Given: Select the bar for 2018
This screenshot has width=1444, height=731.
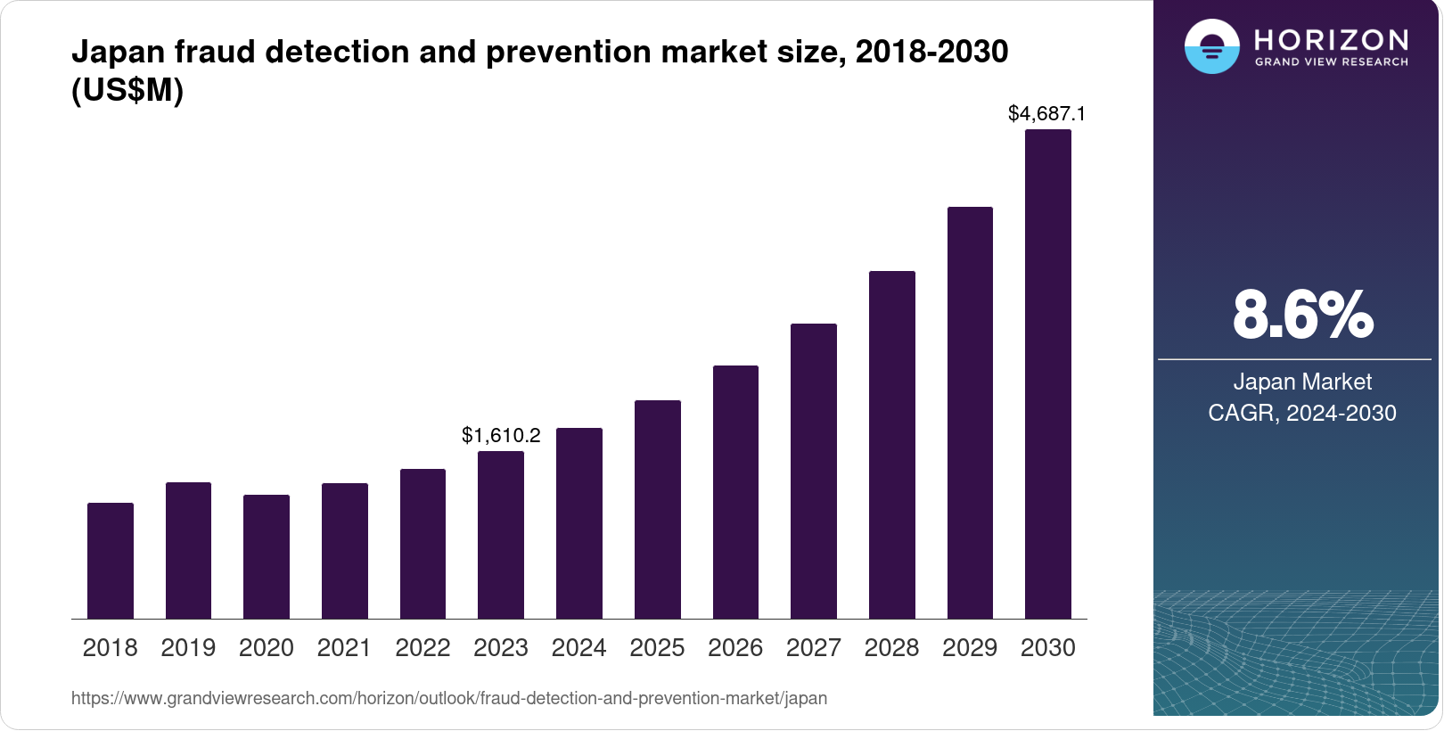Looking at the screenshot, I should coord(111,561).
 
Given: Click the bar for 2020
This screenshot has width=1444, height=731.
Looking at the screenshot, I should coord(267,556).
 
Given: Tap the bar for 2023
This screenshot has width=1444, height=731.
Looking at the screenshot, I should coord(501,535).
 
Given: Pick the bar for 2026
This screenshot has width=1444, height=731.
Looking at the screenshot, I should coord(735,492).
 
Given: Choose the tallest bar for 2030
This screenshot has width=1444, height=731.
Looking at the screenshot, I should coord(1048,374).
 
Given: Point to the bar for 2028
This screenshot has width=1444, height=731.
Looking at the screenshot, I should coord(892,445).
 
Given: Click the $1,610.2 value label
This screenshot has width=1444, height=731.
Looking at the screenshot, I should coord(501,435).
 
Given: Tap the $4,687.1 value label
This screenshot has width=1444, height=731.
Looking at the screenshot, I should coord(1046,113).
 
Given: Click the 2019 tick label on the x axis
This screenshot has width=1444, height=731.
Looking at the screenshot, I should coord(188,648).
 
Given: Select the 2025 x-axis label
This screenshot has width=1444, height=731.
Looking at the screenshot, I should coord(657,648).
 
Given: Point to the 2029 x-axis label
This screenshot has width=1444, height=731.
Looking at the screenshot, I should coord(970,648).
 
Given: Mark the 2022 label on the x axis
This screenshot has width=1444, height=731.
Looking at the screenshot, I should coord(423,648).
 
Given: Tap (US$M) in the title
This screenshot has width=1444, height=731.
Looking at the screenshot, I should coord(127,91).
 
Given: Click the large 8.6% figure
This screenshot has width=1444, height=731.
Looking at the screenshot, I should coord(1302,315).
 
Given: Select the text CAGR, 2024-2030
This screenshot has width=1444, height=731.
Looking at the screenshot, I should coord(1302,413).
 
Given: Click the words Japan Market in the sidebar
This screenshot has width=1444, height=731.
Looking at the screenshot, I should coord(1302,382).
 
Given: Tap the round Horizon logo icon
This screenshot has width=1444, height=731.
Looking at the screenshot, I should coord(1211,46).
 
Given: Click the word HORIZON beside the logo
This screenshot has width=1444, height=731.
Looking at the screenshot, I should coord(1331,40).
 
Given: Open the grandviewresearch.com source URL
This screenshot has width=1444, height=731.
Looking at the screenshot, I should coord(449,698).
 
